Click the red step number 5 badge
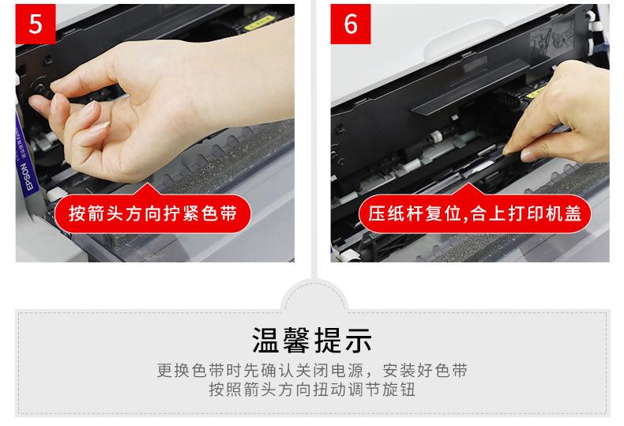click(36, 24)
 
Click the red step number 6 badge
click(351, 24)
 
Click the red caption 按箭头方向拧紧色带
click(152, 214)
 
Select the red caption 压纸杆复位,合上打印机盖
click(475, 214)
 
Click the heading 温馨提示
click(313, 341)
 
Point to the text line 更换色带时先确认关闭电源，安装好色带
click(313, 370)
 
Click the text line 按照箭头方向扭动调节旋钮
click(313, 390)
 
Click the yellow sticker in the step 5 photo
click(258, 24)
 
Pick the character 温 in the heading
click(266, 341)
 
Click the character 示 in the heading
click(359, 341)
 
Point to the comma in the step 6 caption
click(464, 218)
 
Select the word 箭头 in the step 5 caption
click(96, 214)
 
